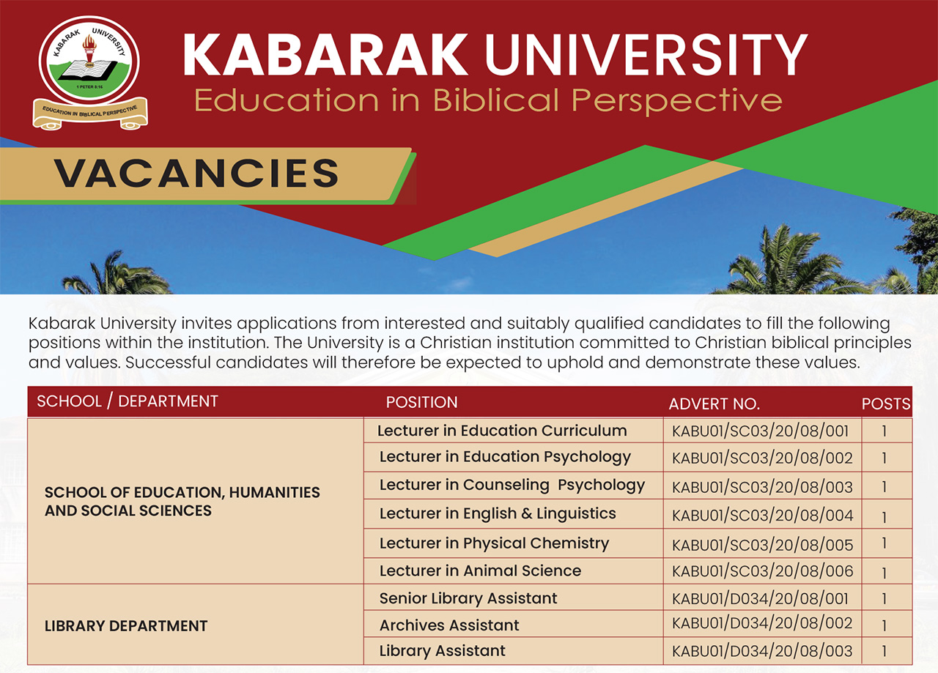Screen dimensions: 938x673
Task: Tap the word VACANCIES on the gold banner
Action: point(196,173)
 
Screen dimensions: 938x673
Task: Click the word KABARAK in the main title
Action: point(325,55)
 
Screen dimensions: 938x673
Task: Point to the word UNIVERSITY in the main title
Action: point(646,55)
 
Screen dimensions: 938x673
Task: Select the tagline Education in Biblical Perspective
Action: point(488,100)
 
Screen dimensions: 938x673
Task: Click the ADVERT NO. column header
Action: point(714,404)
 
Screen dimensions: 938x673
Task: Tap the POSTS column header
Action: point(886,404)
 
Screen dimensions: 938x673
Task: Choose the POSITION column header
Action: point(421,402)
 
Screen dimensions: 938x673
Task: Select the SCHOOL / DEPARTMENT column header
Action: point(128,401)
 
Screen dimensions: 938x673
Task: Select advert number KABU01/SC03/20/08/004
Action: point(762,516)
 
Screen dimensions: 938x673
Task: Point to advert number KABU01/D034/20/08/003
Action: point(762,651)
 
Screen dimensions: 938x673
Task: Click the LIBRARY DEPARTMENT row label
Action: point(126,626)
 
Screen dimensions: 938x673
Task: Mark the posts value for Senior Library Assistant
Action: point(884,599)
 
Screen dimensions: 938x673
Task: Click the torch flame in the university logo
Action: point(89,42)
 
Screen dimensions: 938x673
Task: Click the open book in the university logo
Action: point(87,70)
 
